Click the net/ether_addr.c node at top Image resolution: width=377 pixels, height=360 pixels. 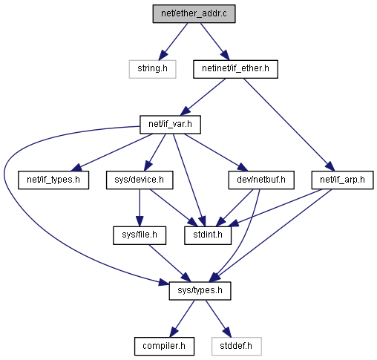[194, 14]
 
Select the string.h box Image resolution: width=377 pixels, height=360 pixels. [152, 69]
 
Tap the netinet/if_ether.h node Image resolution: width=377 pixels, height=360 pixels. [235, 69]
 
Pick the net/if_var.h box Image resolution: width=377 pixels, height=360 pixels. [170, 125]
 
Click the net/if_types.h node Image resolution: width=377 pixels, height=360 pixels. [53, 180]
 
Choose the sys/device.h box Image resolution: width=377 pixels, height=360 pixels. [140, 180]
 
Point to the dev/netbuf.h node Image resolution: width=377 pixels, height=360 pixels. [261, 180]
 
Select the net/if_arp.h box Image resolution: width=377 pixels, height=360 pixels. [342, 180]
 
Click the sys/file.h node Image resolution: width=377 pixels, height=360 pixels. [140, 235]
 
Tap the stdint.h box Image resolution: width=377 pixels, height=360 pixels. [208, 235]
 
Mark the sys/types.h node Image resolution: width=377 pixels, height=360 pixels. [200, 291]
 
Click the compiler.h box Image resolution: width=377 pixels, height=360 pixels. [164, 347]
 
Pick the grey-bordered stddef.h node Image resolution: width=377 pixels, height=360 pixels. [237, 347]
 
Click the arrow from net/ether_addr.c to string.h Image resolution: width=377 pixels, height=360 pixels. [173, 42]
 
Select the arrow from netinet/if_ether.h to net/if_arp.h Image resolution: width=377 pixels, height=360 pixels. [289, 125]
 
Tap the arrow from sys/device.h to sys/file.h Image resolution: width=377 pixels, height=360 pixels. [140, 208]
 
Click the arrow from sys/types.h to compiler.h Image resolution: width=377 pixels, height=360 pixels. [182, 318]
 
